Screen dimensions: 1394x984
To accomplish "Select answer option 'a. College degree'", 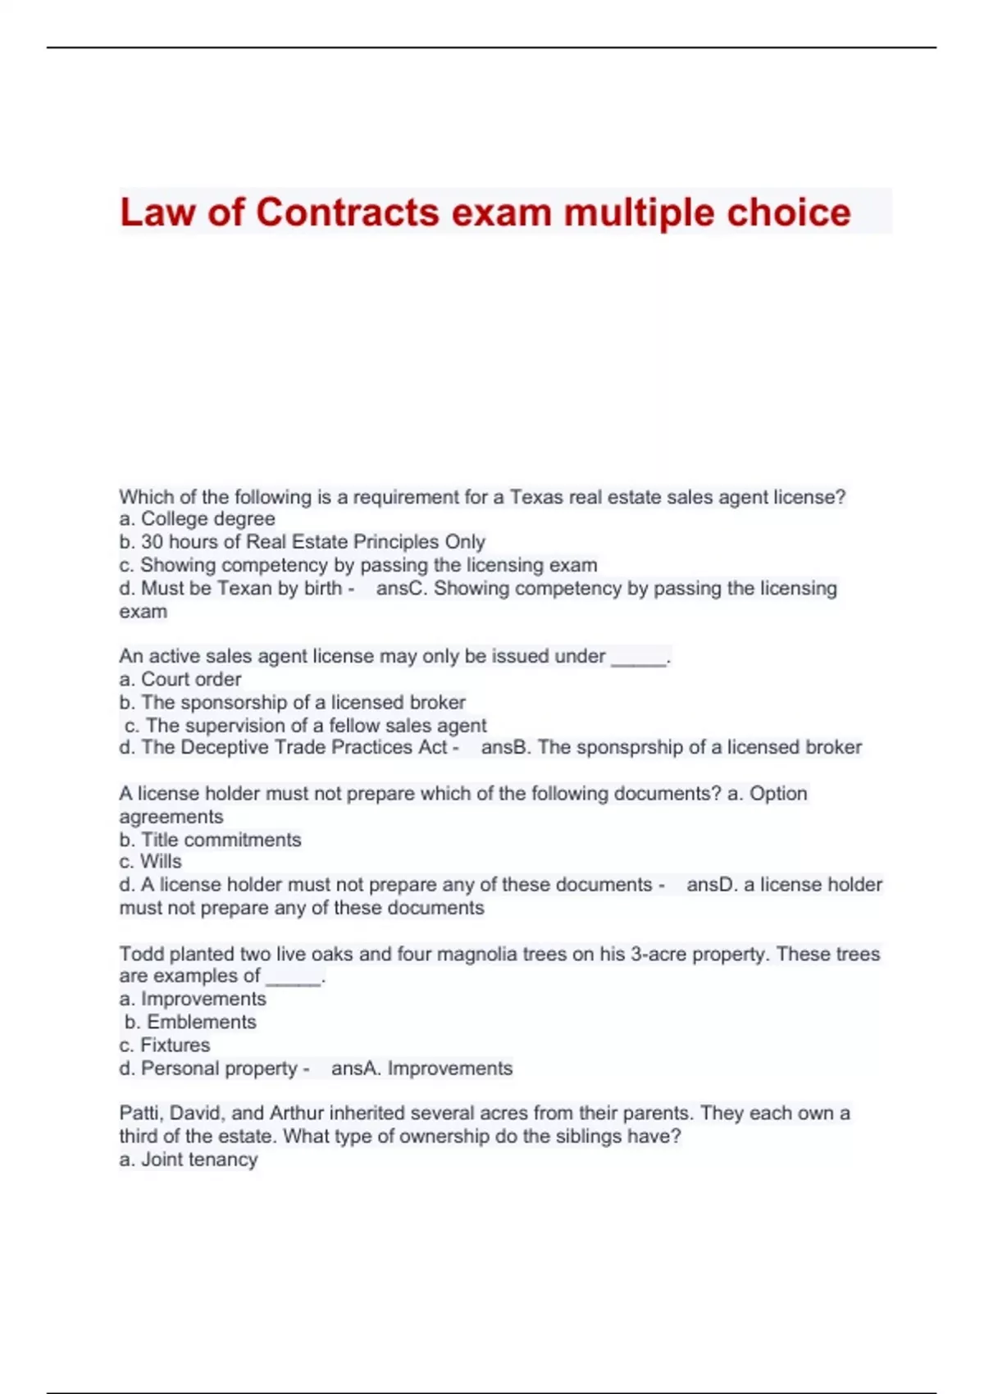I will click(x=197, y=519).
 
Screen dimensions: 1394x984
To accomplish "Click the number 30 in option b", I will click(x=152, y=542).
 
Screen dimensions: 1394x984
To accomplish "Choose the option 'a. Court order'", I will click(x=180, y=680).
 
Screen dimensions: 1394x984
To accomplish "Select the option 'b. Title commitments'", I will click(x=210, y=840).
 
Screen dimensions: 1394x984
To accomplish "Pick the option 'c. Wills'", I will click(x=150, y=862).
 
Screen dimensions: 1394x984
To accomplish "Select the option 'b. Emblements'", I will click(x=190, y=1023).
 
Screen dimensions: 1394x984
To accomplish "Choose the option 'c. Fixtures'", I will click(x=165, y=1045).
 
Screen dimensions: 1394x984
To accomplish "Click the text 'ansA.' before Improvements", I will click(x=356, y=1068).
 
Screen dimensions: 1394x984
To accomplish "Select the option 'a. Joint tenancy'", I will click(x=189, y=1160).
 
